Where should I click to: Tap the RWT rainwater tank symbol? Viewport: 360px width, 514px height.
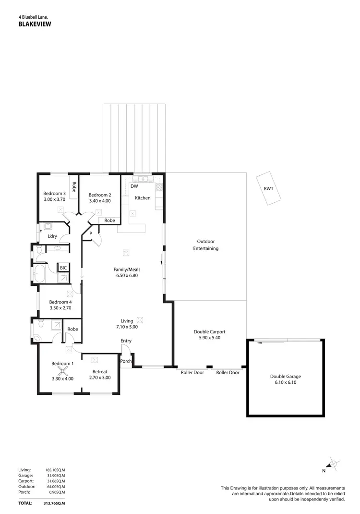tap(268, 188)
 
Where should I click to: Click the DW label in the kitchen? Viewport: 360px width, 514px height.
tap(134, 186)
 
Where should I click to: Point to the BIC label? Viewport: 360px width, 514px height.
tap(63, 268)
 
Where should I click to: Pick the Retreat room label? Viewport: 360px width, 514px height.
tap(100, 371)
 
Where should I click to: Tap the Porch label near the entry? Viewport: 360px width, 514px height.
tap(126, 361)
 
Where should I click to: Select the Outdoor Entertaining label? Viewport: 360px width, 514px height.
tap(205, 245)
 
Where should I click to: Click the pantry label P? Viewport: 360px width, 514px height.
tap(90, 234)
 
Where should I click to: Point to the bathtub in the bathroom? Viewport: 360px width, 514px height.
tap(39, 275)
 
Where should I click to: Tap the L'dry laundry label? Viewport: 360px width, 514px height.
tap(52, 236)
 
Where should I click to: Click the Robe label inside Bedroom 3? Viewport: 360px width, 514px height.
tap(74, 186)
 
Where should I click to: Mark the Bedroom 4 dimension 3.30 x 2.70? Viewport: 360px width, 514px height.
tap(60, 308)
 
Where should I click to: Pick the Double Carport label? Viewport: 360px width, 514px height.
tap(209, 331)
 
